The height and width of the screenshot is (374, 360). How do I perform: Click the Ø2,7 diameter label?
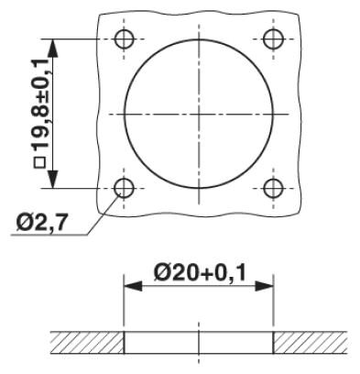41,224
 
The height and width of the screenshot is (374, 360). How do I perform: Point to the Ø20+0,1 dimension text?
200,273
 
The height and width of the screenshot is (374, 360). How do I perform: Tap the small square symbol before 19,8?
39,162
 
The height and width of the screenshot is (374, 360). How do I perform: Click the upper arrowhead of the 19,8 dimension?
53,49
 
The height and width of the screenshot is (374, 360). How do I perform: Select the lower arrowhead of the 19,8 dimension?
53,179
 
